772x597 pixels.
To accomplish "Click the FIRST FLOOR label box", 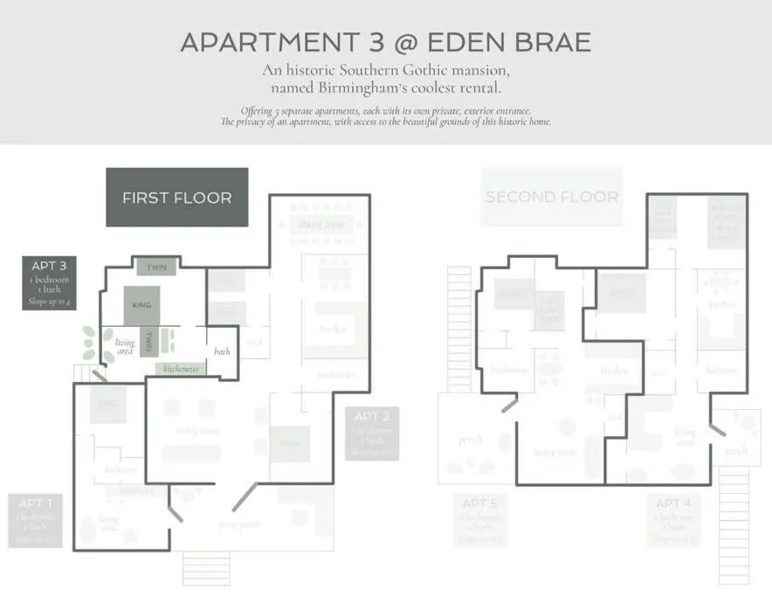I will pos(177,198).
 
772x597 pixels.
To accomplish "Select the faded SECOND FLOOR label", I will pos(552,197).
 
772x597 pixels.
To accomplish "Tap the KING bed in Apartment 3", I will pos(142,305).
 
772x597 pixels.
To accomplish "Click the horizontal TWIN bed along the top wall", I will pos(156,267).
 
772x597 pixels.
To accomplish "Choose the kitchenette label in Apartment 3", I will pos(181,369).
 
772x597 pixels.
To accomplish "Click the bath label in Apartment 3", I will pos(222,351).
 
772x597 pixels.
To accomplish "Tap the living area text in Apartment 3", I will pos(125,347).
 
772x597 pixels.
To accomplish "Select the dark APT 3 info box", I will pos(49,282).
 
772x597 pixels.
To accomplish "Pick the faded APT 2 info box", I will pos(372,433).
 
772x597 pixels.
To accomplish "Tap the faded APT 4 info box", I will pos(673,520).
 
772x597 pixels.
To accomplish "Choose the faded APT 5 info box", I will pos(479,520).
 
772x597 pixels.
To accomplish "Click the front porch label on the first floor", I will pos(238,524).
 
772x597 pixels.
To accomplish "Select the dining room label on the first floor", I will pos(322,225).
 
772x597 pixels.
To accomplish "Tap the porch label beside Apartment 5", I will pos(471,440).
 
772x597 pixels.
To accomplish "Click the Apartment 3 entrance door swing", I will pos(99,375).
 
